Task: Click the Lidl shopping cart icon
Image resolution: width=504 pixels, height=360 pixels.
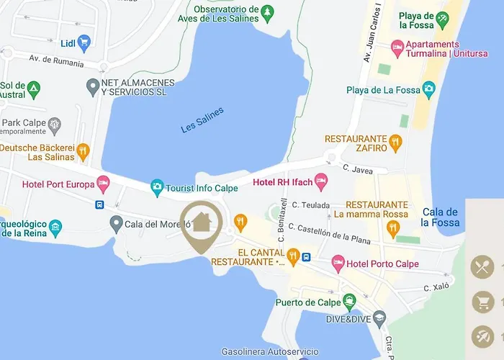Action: [84, 42]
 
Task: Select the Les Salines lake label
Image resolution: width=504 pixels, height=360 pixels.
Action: [202, 120]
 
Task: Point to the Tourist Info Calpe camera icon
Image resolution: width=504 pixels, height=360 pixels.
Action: [157, 188]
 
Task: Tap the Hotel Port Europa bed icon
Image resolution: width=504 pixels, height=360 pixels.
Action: [104, 184]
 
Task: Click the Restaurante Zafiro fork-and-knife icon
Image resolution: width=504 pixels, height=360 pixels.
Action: [394, 143]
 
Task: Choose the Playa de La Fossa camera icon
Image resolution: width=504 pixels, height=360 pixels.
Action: [429, 90]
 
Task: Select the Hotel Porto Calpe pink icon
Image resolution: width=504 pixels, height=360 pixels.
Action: [338, 264]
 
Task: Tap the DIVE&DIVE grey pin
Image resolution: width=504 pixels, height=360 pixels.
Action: [379, 318]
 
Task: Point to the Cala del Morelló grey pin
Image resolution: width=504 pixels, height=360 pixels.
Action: [116, 224]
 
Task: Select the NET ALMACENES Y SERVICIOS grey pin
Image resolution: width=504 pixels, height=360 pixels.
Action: [92, 88]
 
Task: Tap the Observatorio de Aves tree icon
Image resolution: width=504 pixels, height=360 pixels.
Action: [268, 12]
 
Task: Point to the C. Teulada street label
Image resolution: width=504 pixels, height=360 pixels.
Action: [310, 205]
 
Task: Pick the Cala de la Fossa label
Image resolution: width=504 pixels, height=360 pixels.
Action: [441, 217]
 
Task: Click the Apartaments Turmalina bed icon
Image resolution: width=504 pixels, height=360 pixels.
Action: [397, 49]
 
